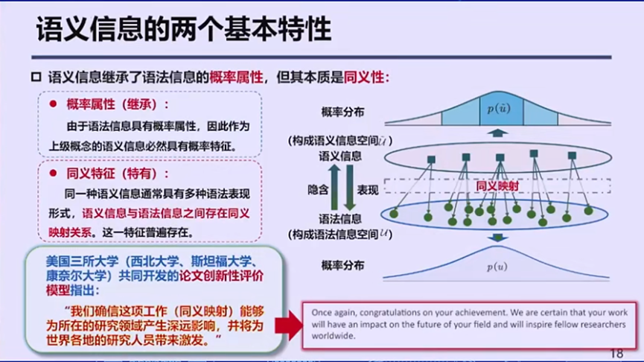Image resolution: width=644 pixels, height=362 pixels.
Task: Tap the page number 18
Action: [616, 353]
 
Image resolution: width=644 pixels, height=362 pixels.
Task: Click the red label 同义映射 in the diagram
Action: [497, 186]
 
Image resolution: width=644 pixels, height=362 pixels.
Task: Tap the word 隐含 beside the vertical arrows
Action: [318, 190]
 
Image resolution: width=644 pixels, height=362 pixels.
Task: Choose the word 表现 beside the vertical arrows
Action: [368, 190]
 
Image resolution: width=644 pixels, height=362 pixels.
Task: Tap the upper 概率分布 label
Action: [343, 112]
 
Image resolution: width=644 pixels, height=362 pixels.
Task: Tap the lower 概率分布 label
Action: [343, 265]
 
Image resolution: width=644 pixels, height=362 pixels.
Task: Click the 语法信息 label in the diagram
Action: [340, 219]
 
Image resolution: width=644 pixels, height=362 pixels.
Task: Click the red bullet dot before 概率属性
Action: [53, 104]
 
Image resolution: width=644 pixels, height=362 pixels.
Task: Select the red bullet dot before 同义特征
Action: [53, 174]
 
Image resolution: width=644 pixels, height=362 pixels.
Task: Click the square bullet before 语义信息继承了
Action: [35, 77]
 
